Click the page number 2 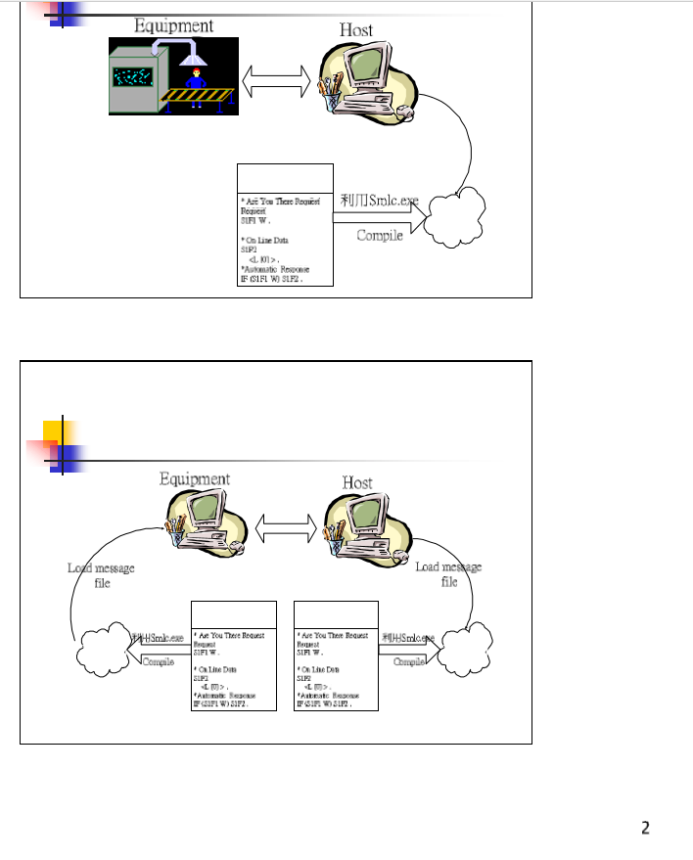(645, 829)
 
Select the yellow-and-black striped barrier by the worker (202, 95)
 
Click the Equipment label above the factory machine (173, 24)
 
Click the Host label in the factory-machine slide (356, 30)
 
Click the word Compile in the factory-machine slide (380, 235)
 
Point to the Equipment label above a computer (195, 478)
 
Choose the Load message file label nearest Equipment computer (101, 574)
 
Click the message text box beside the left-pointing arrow (234, 655)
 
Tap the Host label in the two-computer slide (357, 482)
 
